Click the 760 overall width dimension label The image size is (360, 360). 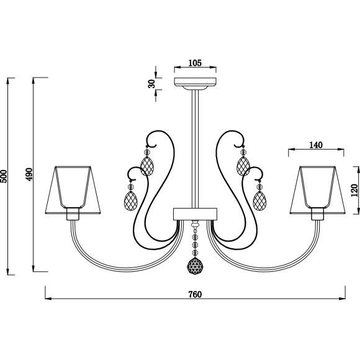pos(195,294)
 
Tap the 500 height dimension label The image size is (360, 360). pos(4,176)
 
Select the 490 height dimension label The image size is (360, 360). pos(29,174)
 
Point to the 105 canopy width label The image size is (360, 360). pos(195,63)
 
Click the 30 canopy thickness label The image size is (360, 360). pos(151,84)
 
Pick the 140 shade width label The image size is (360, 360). pos(316,145)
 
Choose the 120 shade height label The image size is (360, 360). pos(354,190)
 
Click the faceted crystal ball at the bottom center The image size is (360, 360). pos(195,266)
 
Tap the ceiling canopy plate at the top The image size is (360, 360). pos(195,82)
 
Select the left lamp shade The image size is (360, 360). pos(73,190)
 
